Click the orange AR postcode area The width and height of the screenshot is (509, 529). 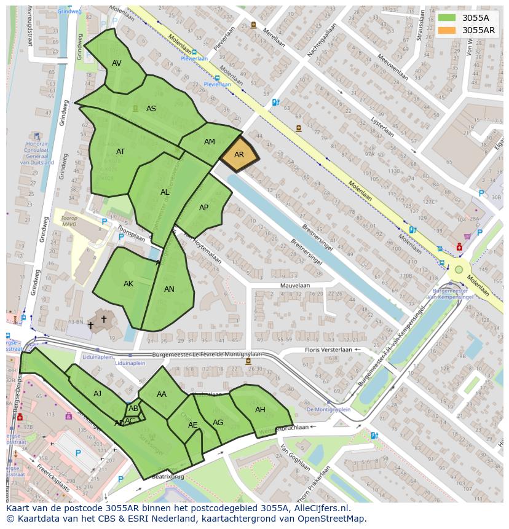[x=239, y=155]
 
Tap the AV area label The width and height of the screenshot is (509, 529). [x=117, y=63]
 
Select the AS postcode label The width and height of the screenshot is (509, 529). [x=151, y=109]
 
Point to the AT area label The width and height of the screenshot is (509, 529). [x=120, y=152]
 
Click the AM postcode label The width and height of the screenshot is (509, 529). [x=210, y=142]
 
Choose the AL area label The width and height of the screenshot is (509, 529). [x=165, y=192]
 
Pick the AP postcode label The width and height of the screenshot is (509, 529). [x=204, y=208]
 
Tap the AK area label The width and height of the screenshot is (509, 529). [x=128, y=284]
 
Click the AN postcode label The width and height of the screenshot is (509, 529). [x=169, y=289]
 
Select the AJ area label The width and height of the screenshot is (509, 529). [x=98, y=394]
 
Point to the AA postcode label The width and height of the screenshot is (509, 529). [x=162, y=394]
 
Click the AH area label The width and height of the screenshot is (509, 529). [x=260, y=410]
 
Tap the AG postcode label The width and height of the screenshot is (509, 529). [x=218, y=423]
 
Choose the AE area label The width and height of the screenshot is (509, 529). [x=193, y=425]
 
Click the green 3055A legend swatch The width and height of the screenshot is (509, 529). [x=447, y=18]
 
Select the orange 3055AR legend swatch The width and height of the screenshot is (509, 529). [x=447, y=30]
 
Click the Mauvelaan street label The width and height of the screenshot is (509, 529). [x=294, y=286]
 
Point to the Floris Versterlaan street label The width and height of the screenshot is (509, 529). [x=328, y=350]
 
